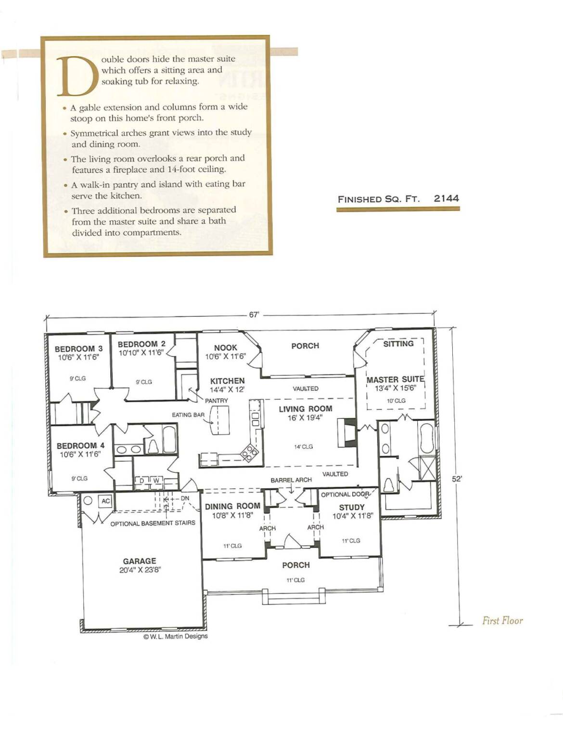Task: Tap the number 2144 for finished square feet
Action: point(446,198)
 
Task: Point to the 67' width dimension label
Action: point(255,315)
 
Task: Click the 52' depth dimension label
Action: point(457,480)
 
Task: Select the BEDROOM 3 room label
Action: point(79,349)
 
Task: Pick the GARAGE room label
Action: point(140,561)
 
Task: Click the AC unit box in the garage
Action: point(105,501)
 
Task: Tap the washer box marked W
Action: point(156,481)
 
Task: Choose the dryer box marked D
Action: point(142,481)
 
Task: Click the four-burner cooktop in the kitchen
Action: point(250,452)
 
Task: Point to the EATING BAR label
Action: point(188,415)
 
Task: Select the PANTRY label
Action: point(216,401)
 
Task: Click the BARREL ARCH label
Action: point(291,480)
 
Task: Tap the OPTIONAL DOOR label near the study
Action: point(345,495)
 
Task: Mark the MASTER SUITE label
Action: point(395,379)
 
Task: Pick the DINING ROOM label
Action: point(232,506)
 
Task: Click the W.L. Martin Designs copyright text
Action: point(176,636)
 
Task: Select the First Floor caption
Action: point(502,621)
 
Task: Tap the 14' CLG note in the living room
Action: point(303,446)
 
